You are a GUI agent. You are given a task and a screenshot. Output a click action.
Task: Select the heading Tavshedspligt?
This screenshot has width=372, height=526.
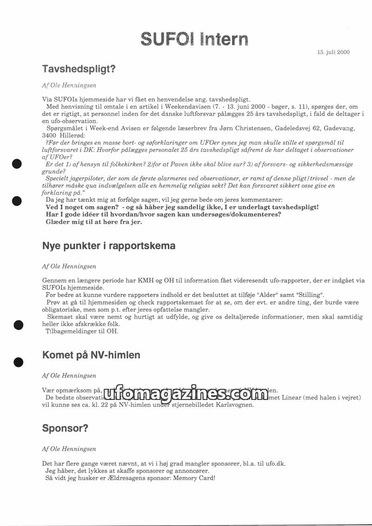pos(79,69)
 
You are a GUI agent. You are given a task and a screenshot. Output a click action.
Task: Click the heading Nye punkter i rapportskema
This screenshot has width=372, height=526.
pos(108,246)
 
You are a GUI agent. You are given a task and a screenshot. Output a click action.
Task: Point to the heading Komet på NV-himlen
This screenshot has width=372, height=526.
pos(91,355)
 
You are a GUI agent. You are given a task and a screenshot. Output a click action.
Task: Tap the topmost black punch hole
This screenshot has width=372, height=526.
pos(17,164)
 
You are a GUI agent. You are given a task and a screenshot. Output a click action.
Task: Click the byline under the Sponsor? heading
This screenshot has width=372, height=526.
pos(69,449)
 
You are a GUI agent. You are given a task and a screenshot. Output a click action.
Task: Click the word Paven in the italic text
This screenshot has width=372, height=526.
pos(183,165)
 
